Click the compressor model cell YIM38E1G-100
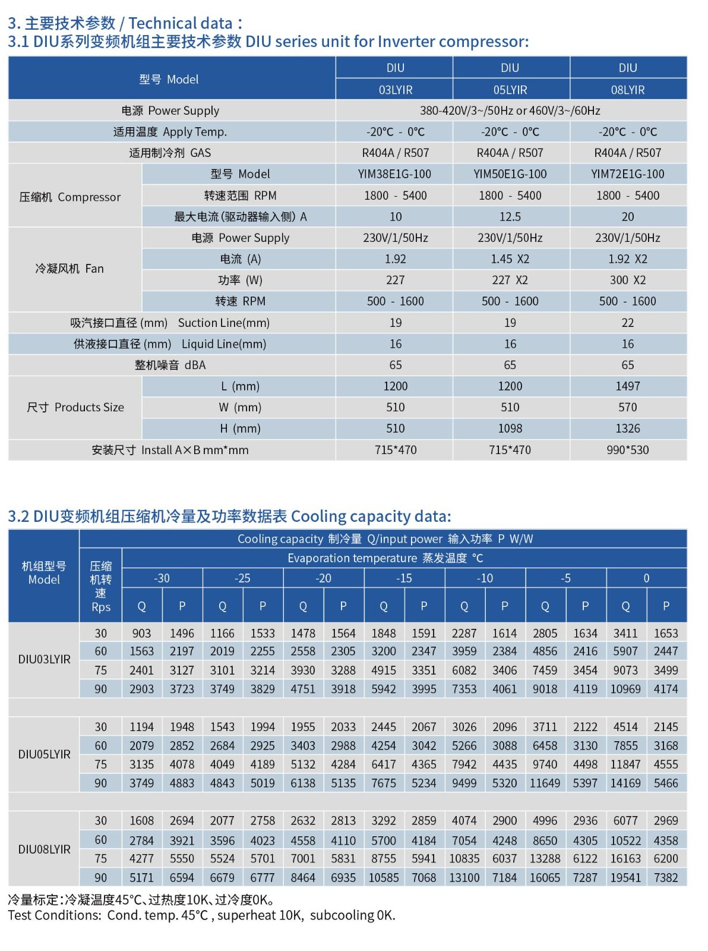pos(395,174)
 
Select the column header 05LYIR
pos(510,90)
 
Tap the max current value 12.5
pos(510,217)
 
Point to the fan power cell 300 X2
pos(627,280)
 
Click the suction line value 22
pos(627,323)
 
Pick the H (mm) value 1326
pos(627,429)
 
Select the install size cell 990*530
pos(627,450)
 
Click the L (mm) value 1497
pos(627,386)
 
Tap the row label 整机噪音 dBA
pos(170,365)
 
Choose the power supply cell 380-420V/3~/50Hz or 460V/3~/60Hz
pos(510,111)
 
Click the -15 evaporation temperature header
pos(404,578)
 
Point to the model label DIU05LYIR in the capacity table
pos(44,754)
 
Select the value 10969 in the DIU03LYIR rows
pos(625,689)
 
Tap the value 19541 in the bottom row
pos(625,877)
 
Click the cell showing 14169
pos(625,783)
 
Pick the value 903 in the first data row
pos(141,634)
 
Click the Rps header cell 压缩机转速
pos(101,586)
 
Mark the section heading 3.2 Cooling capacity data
pos(229,516)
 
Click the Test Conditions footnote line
pos(201,915)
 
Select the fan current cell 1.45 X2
pos(510,259)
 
